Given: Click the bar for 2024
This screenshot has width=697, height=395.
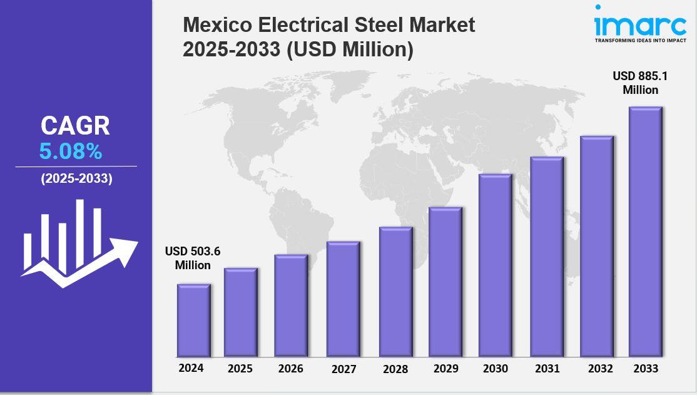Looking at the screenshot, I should (x=193, y=321).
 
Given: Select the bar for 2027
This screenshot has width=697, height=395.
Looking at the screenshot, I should (x=343, y=299).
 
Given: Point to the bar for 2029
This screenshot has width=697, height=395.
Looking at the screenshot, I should (x=445, y=282).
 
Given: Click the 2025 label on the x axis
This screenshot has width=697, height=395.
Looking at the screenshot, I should (x=240, y=369).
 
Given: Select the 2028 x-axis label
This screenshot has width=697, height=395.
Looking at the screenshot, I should (x=395, y=369).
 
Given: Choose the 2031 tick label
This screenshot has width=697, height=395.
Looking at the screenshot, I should (x=547, y=369).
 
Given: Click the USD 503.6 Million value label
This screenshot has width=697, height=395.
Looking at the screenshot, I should (x=193, y=258).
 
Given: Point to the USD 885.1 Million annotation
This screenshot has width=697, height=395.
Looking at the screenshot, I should (x=640, y=83).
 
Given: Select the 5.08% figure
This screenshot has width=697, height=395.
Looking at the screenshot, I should (x=70, y=151).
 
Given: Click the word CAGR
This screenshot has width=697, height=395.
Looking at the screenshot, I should (x=75, y=126).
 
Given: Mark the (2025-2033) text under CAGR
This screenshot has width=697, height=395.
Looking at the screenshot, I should (x=76, y=178).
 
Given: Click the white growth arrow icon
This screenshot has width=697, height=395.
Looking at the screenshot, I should (x=78, y=244).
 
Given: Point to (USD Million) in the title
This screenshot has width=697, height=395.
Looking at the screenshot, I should (x=350, y=49).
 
